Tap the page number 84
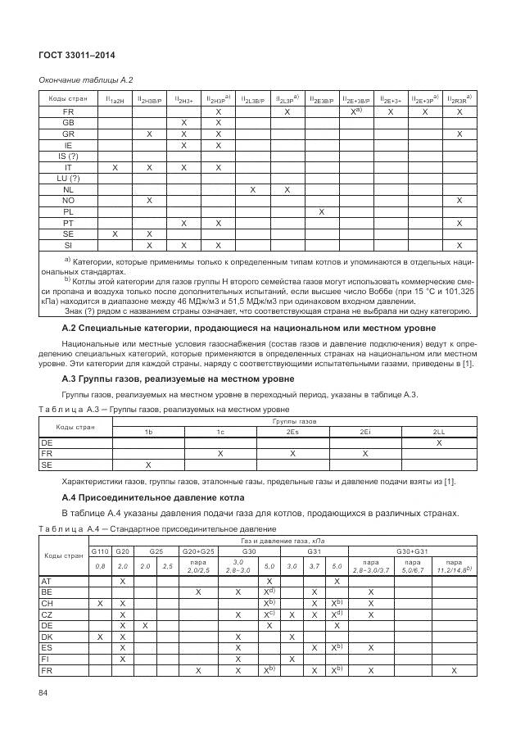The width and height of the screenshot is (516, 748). [43, 695]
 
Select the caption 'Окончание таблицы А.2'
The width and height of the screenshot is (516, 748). [80, 79]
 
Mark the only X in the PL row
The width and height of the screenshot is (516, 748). [322, 211]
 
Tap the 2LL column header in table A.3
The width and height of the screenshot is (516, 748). [440, 431]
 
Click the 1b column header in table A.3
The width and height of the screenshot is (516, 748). [148, 431]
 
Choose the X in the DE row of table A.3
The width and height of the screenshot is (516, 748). [440, 442]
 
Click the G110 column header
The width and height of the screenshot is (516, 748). [99, 551]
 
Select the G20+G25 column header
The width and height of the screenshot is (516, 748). [198, 551]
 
